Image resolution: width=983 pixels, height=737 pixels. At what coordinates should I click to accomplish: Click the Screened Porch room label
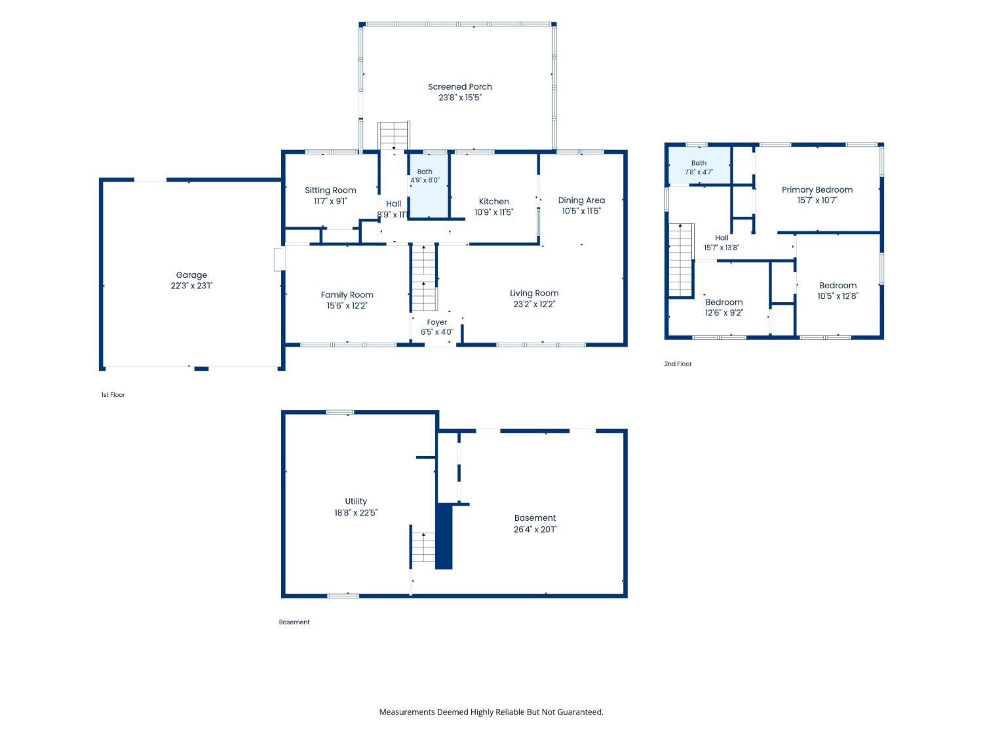pyautogui.click(x=459, y=87)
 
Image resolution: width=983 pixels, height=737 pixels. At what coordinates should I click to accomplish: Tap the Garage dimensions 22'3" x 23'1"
pyautogui.click(x=191, y=286)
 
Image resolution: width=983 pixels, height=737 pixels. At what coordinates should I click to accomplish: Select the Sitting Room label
pyautogui.click(x=330, y=190)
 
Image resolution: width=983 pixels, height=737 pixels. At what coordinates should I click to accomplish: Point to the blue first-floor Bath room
pyautogui.click(x=429, y=185)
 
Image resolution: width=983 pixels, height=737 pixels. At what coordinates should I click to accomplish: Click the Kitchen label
pyautogui.click(x=493, y=201)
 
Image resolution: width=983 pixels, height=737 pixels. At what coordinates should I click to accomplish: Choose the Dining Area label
pyautogui.click(x=581, y=200)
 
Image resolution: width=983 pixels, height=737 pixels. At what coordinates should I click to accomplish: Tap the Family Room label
pyautogui.click(x=347, y=295)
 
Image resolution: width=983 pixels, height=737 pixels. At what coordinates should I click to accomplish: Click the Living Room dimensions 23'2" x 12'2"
pyautogui.click(x=534, y=304)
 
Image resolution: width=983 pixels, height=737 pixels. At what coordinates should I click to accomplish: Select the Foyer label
pyautogui.click(x=436, y=322)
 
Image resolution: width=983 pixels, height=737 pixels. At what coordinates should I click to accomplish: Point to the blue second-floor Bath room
pyautogui.click(x=699, y=166)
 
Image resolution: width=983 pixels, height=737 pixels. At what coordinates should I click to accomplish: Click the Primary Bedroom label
pyautogui.click(x=817, y=190)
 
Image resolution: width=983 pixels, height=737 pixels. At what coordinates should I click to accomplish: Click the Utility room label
pyautogui.click(x=356, y=501)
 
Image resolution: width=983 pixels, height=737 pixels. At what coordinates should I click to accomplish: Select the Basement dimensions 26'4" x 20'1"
pyautogui.click(x=535, y=529)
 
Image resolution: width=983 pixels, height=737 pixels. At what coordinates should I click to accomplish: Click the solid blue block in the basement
pyautogui.click(x=444, y=536)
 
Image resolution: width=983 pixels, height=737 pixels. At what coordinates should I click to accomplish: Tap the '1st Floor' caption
pyautogui.click(x=113, y=394)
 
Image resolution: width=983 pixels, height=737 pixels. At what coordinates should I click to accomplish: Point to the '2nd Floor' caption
pyautogui.click(x=678, y=364)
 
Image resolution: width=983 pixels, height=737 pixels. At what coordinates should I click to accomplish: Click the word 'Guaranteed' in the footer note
pyautogui.click(x=579, y=712)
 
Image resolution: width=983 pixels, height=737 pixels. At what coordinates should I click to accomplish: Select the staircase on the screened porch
pyautogui.click(x=393, y=135)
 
